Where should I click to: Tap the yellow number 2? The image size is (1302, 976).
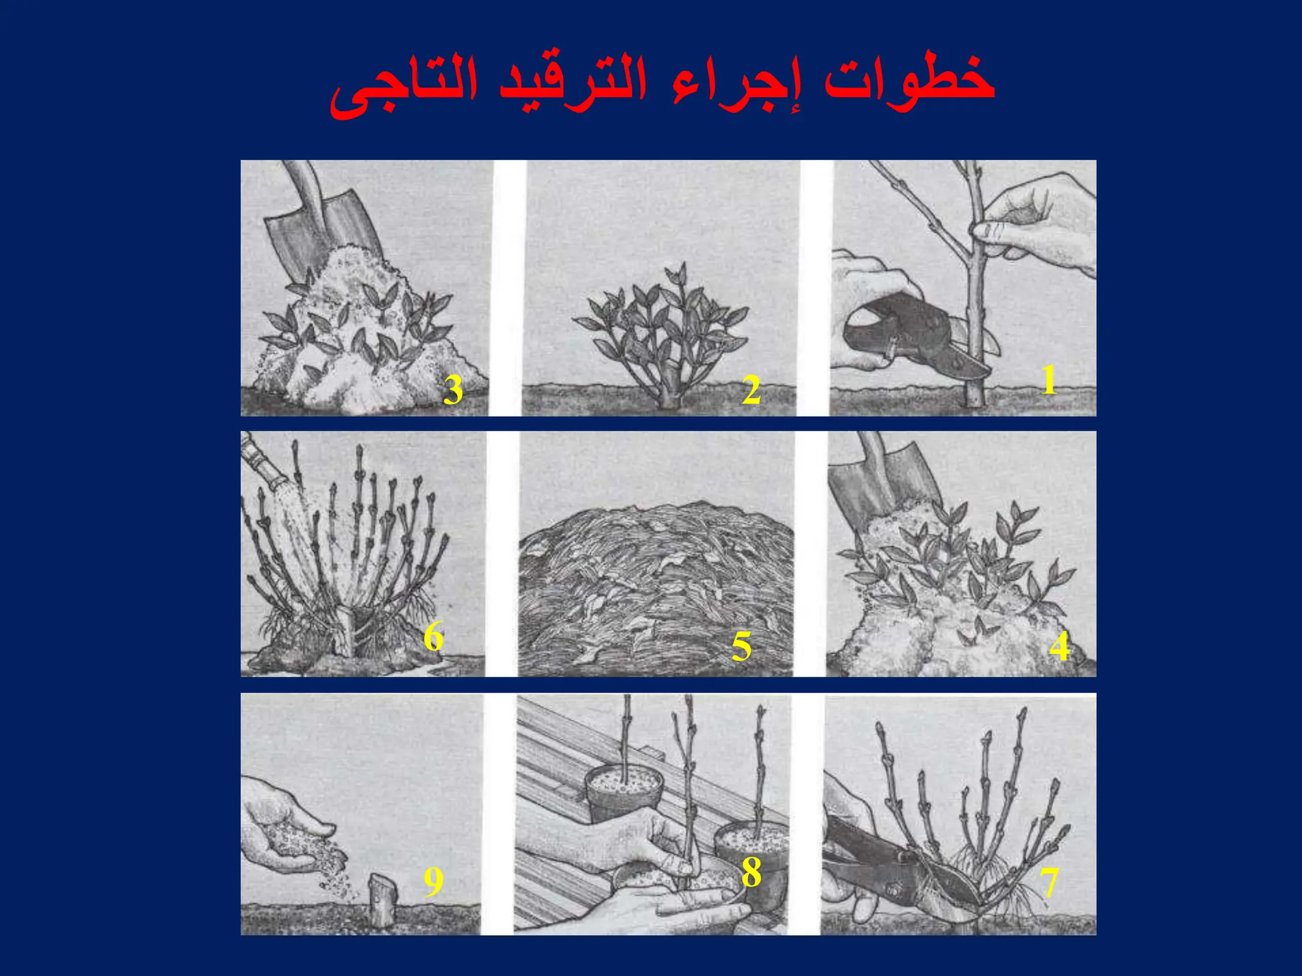(x=751, y=390)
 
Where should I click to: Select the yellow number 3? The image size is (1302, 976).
(x=453, y=390)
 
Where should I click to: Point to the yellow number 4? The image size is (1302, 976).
(x=1059, y=647)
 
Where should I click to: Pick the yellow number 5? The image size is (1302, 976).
(x=741, y=647)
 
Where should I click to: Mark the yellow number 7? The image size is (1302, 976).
(x=1049, y=882)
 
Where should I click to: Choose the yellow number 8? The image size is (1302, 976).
(x=751, y=872)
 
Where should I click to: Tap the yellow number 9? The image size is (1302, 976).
(x=433, y=882)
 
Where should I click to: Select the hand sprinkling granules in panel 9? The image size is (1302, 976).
(x=286, y=832)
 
